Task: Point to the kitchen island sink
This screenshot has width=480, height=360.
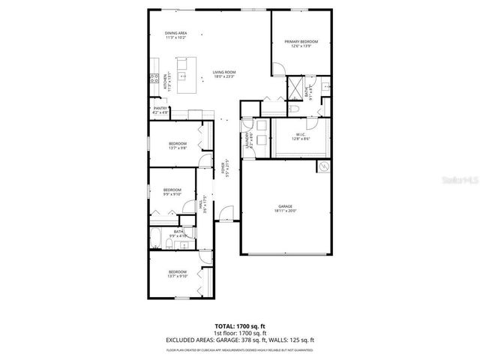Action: [181, 76]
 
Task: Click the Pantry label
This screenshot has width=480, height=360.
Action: [160, 110]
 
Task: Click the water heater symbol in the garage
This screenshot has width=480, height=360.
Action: [325, 166]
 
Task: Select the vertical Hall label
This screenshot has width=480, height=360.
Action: [203, 205]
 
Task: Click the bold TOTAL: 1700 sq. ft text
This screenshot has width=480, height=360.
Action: [240, 327]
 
